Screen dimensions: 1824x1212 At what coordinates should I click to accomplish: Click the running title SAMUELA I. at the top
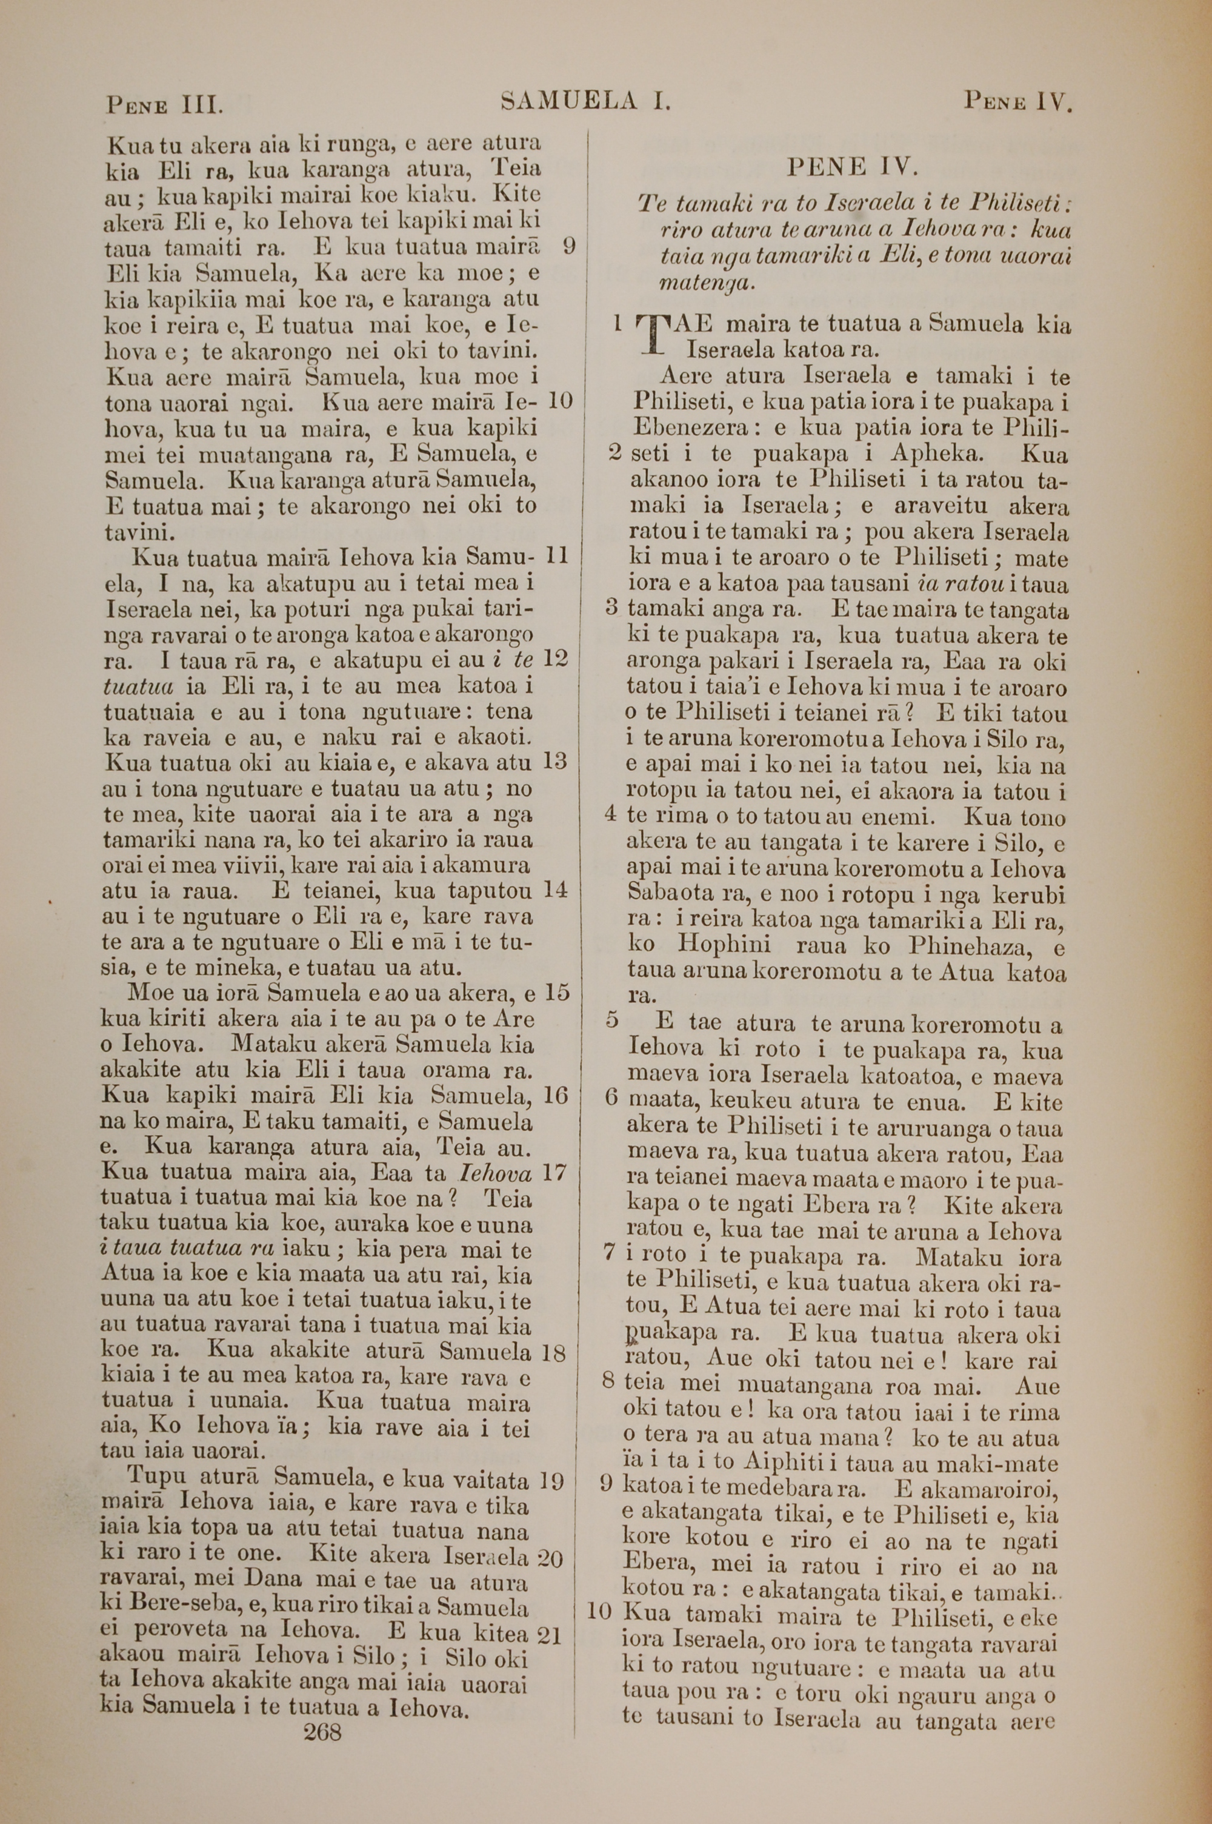pos(586,101)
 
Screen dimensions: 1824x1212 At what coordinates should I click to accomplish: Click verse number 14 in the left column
pos(556,889)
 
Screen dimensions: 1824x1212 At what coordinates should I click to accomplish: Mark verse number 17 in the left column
pos(556,1173)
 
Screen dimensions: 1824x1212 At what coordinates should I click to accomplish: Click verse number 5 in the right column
pos(613,1021)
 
